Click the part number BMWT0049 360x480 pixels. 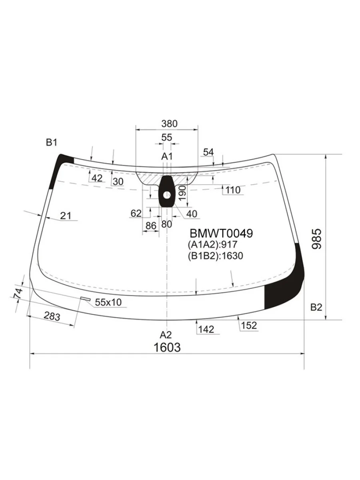pos(221,233)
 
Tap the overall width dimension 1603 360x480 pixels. pos(167,347)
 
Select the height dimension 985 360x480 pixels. pos(317,239)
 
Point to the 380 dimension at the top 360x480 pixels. pos(169,124)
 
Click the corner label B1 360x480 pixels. pos(51,142)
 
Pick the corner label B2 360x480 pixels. pos(316,308)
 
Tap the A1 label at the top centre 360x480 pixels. pos(167,156)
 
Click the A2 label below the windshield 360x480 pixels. pos(166,335)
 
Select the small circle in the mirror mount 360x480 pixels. pos(167,195)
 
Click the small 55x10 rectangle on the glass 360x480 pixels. pos(86,298)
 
